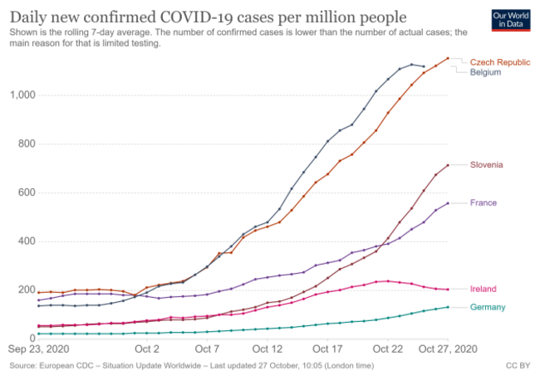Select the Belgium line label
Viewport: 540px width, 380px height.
485,72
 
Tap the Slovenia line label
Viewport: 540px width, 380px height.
486,165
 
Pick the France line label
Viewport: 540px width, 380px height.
484,203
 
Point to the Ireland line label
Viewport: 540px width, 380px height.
484,289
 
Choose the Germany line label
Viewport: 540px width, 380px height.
488,307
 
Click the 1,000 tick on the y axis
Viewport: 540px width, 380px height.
21,95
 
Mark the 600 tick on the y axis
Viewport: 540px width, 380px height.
25,193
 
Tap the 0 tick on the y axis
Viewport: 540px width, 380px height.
32,339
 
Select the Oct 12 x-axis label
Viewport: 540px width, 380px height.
268,349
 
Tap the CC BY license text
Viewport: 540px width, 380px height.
518,364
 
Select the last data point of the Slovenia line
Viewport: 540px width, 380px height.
448,165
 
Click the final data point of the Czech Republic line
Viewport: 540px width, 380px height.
448,58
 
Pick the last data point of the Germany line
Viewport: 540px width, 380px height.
448,307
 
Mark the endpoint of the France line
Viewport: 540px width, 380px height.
448,203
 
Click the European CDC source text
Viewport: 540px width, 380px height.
75,364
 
